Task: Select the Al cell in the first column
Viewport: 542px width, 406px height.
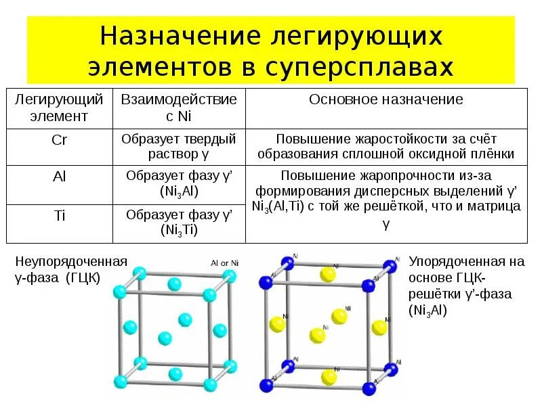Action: pyautogui.click(x=60, y=177)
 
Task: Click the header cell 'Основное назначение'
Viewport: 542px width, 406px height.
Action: pyautogui.click(x=386, y=99)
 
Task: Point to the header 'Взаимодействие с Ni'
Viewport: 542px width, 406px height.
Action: pyautogui.click(x=179, y=108)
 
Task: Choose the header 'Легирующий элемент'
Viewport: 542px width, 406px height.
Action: pyautogui.click(x=60, y=108)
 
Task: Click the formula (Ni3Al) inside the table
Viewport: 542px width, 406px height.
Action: pyautogui.click(x=179, y=191)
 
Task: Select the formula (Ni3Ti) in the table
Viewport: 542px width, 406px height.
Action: pyautogui.click(x=179, y=230)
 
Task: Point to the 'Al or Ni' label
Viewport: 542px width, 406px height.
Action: pyautogui.click(x=224, y=263)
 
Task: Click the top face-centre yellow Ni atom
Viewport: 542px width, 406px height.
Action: pyautogui.click(x=329, y=274)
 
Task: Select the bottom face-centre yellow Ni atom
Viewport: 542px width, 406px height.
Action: pyautogui.click(x=329, y=376)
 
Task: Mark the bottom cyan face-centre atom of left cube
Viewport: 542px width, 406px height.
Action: pyautogui.click(x=175, y=373)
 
